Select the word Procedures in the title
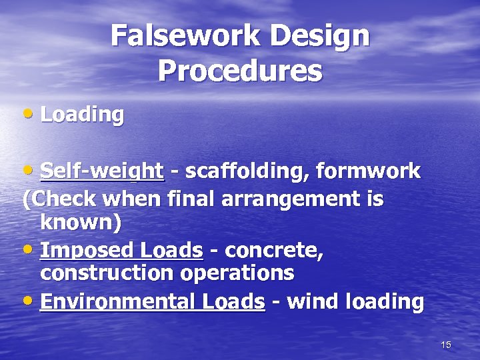(240, 71)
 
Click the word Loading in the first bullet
(82, 115)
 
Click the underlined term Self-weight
(102, 171)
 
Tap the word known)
(81, 223)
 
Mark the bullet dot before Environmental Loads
(27, 301)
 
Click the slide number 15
(446, 345)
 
